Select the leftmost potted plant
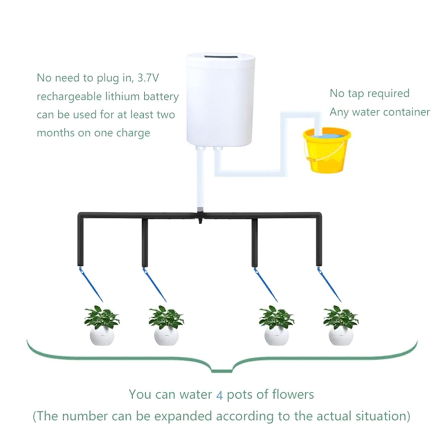[x=102, y=325]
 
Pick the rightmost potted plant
[x=341, y=325]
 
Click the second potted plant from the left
[x=166, y=325]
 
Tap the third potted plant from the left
[x=276, y=325]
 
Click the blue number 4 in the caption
[x=219, y=395]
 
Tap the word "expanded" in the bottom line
[x=185, y=417]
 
